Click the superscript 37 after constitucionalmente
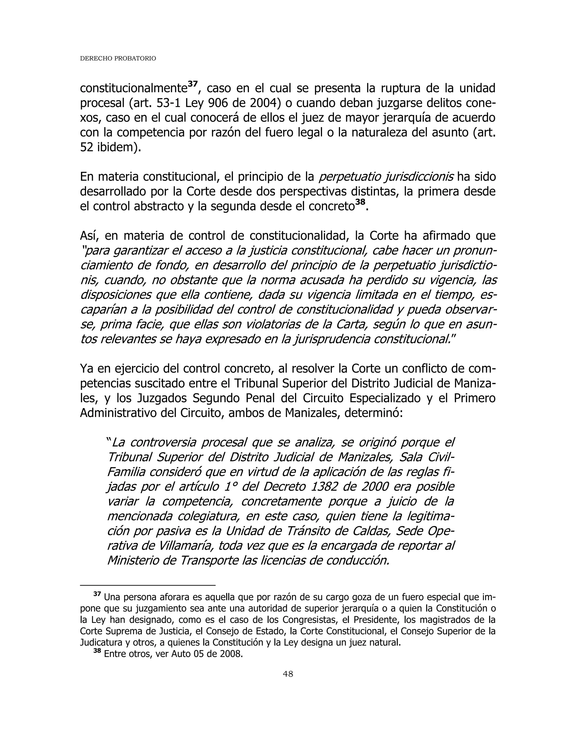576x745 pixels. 193,84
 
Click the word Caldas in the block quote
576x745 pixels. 375,531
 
